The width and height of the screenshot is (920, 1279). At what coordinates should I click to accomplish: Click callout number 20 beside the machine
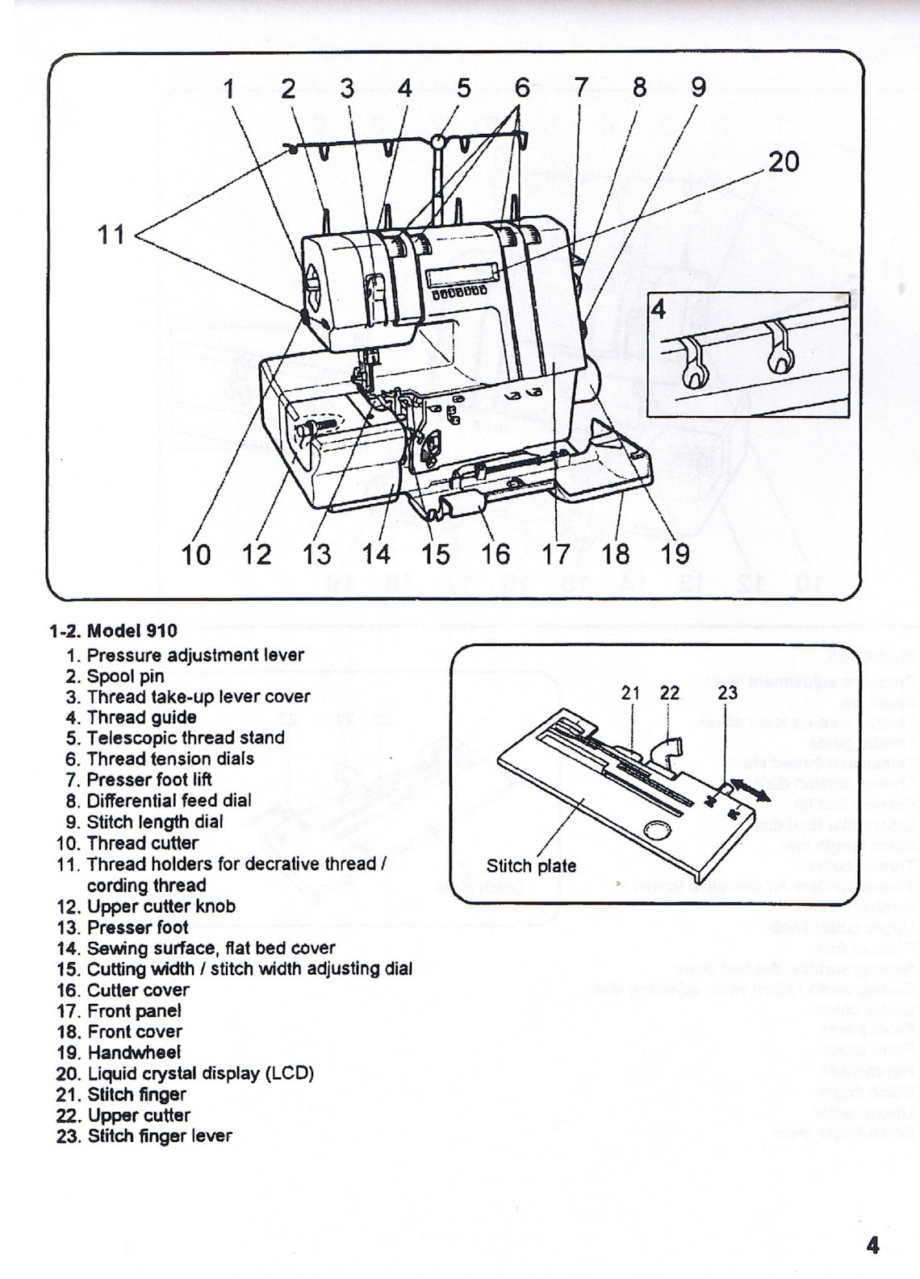pos(783,162)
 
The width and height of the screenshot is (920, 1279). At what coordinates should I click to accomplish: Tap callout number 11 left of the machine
pos(111,235)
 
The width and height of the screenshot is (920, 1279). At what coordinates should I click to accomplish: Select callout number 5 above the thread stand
pos(463,88)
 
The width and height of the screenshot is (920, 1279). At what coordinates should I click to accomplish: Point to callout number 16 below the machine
pos(496,554)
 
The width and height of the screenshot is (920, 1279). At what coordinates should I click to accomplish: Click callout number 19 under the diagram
pos(675,554)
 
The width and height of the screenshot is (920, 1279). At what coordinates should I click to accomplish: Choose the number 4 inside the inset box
pos(659,310)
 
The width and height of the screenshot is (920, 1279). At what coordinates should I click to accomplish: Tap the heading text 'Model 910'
pos(132,631)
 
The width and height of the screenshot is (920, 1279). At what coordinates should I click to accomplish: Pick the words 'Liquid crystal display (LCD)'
pos(200,1073)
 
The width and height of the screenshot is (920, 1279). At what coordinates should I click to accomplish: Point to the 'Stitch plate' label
pos(531,866)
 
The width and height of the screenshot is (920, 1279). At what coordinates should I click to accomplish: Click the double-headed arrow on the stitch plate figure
pos(751,790)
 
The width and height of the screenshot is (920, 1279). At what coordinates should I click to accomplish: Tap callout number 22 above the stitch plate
pos(669,693)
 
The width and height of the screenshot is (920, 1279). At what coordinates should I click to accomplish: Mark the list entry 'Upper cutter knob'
pos(161,906)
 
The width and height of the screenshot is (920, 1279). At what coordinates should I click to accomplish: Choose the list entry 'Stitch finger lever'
pos(159,1136)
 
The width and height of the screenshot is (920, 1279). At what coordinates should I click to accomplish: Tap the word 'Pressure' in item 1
pos(118,655)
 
